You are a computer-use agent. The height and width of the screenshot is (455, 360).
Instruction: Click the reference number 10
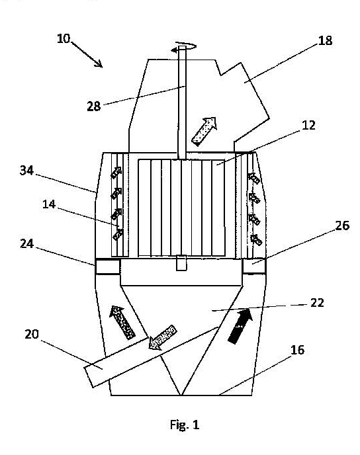(x=64, y=38)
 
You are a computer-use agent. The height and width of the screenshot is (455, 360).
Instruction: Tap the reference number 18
(x=325, y=40)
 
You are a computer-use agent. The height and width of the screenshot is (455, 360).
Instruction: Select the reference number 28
(x=94, y=106)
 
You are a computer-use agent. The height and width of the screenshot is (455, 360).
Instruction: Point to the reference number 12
(x=308, y=125)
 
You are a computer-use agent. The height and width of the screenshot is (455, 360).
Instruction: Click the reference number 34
(x=26, y=171)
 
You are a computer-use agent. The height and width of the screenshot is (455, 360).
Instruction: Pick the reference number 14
(x=49, y=204)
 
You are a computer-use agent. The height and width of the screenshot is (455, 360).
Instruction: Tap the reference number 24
(x=27, y=244)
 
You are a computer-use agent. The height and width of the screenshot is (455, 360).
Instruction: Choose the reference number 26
(x=342, y=226)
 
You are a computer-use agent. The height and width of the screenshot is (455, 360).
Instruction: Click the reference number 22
(x=317, y=303)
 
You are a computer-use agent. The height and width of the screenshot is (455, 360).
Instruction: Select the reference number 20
(x=32, y=334)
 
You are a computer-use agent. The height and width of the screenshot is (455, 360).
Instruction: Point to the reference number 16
(x=298, y=350)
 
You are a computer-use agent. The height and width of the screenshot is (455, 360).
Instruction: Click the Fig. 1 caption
(x=185, y=425)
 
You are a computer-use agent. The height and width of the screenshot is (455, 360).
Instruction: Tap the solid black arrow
(x=240, y=326)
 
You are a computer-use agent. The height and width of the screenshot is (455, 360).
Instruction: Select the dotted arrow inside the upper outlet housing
(x=204, y=131)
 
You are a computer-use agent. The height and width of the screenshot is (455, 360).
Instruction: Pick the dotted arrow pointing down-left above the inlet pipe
(x=162, y=337)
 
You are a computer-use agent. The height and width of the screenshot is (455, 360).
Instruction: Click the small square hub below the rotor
(x=181, y=263)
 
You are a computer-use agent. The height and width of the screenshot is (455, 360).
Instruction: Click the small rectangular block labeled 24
(x=107, y=267)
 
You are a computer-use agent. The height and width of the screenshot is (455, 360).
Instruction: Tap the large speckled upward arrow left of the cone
(x=122, y=322)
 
